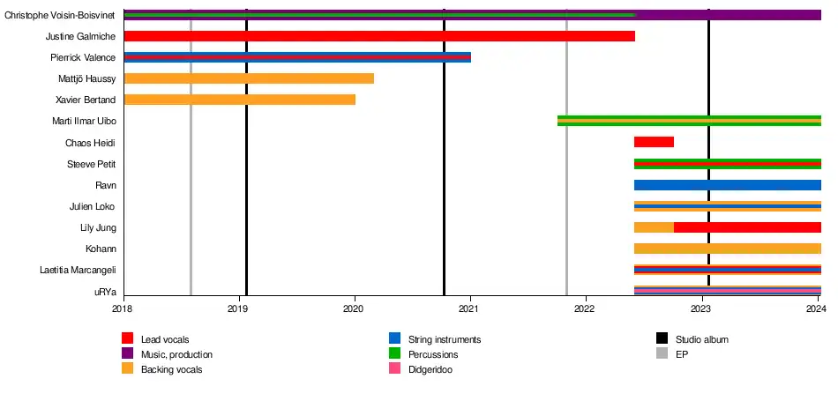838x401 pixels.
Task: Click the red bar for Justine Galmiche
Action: pyautogui.click(x=379, y=36)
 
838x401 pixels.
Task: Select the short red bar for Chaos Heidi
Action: pyautogui.click(x=654, y=142)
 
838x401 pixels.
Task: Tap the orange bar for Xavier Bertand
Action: pyautogui.click(x=240, y=100)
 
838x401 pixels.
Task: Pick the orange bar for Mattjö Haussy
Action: pyautogui.click(x=249, y=78)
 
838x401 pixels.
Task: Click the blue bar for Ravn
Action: pyautogui.click(x=727, y=185)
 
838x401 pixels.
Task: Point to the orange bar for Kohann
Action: pyautogui.click(x=727, y=249)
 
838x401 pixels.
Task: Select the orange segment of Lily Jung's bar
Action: pyautogui.click(x=654, y=227)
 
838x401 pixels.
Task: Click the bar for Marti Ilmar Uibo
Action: pyautogui.click(x=689, y=121)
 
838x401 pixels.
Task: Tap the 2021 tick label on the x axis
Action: pyautogui.click(x=469, y=308)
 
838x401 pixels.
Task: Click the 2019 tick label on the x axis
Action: pyautogui.click(x=238, y=308)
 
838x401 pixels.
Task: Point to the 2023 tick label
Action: pyautogui.click(x=700, y=308)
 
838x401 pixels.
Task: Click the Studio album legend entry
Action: pyautogui.click(x=701, y=339)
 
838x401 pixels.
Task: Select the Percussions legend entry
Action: pyautogui.click(x=433, y=354)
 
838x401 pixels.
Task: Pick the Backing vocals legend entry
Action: pyautogui.click(x=171, y=369)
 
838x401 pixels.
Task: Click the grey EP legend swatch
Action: pyautogui.click(x=662, y=354)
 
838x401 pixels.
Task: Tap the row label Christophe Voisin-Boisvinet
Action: pyautogui.click(x=60, y=15)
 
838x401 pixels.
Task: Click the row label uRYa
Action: pyautogui.click(x=104, y=292)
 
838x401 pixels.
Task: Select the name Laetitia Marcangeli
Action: pyautogui.click(x=79, y=270)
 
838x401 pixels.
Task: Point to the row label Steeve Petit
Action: pyautogui.click(x=92, y=164)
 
